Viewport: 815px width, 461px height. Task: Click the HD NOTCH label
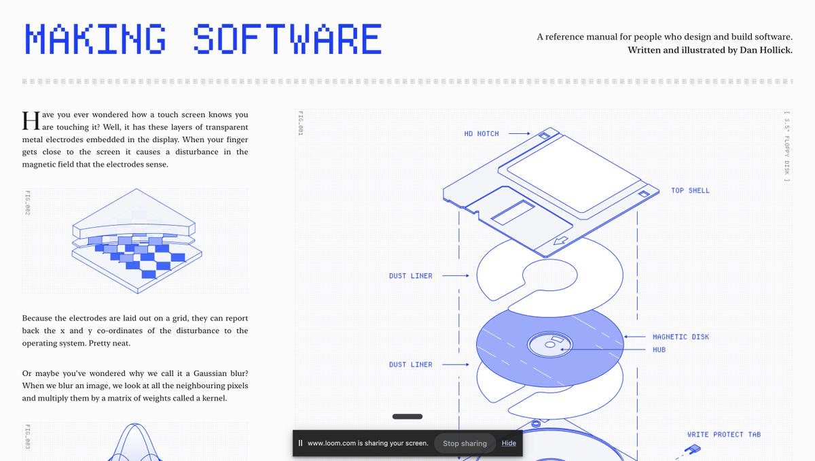(x=482, y=134)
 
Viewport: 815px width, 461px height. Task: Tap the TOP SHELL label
(x=690, y=191)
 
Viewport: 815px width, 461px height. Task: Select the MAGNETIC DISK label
(x=680, y=337)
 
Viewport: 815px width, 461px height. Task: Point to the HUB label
(x=659, y=350)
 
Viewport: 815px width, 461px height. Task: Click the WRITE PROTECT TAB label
(x=724, y=435)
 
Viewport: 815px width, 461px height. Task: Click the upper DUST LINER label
(x=410, y=276)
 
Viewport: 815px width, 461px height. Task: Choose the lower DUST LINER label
(x=410, y=365)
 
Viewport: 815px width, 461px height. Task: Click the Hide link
(x=509, y=443)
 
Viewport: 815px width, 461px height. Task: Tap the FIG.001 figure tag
(x=299, y=122)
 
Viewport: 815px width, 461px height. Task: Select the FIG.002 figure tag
(x=28, y=203)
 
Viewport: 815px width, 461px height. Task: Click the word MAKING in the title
(x=95, y=39)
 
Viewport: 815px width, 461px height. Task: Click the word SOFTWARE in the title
(x=287, y=39)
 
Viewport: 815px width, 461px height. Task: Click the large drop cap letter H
(x=31, y=120)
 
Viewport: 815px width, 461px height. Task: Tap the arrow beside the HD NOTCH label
(x=520, y=134)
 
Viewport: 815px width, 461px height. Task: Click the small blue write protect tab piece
(x=693, y=449)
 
